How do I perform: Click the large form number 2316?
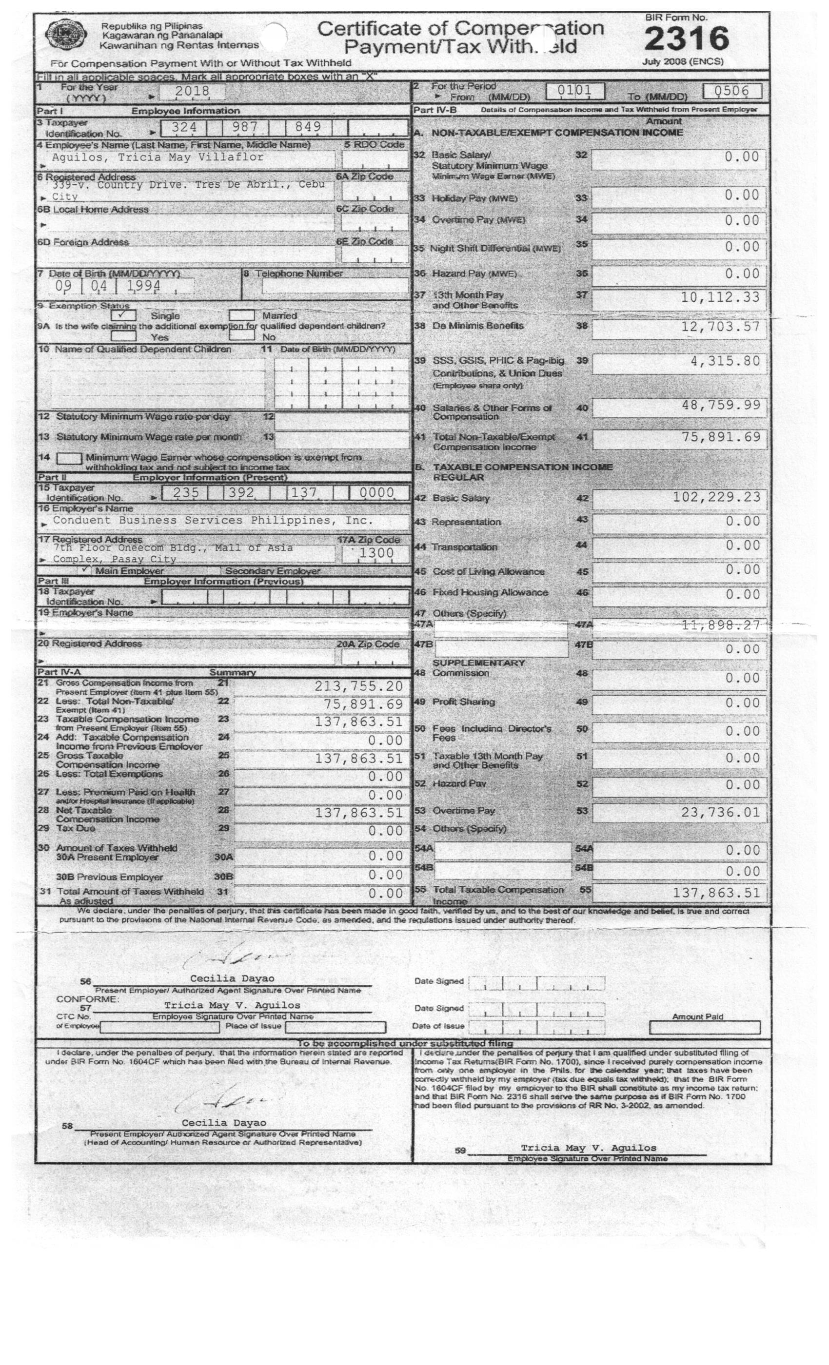[686, 39]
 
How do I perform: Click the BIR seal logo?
[66, 35]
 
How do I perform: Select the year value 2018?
[192, 92]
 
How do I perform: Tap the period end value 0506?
[731, 91]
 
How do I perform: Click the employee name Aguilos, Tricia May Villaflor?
[158, 157]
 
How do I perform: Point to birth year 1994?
[143, 286]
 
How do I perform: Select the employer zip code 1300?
[376, 553]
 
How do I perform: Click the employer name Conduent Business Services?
[213, 520]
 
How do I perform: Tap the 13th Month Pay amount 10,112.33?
[720, 297]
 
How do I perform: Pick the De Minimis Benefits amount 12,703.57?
[720, 327]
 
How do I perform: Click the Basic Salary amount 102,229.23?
[716, 497]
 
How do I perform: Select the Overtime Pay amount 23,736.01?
[720, 812]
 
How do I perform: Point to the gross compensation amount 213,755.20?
[358, 686]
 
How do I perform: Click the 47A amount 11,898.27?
[720, 625]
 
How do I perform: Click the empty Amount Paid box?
[704, 1028]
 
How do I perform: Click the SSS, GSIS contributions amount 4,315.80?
[724, 361]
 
